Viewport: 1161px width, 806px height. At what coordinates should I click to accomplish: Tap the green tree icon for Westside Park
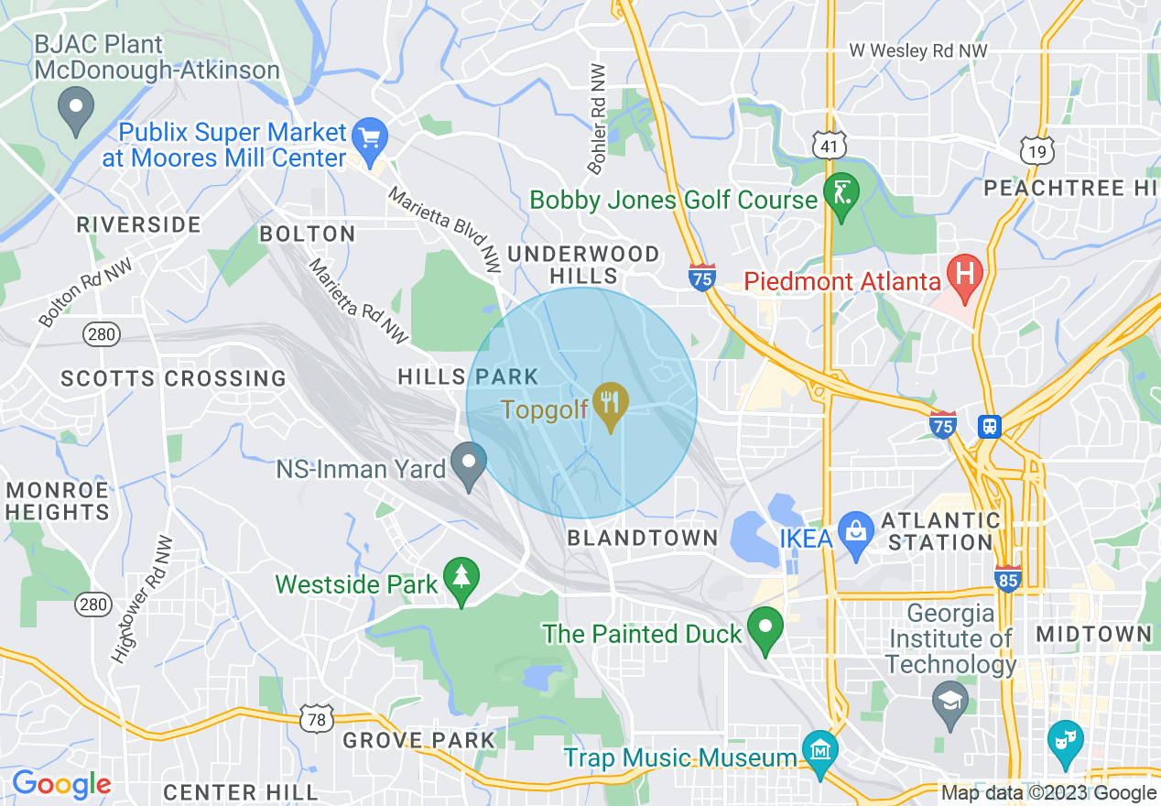[461, 578]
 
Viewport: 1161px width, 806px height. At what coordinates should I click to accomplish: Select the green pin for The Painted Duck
[765, 628]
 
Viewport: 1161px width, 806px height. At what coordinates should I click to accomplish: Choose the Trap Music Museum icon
[819, 750]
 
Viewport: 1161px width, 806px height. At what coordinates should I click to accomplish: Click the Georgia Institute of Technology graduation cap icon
[949, 703]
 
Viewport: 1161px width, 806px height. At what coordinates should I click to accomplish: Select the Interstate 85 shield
[1007, 578]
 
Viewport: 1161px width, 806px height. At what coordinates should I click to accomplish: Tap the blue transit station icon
[990, 426]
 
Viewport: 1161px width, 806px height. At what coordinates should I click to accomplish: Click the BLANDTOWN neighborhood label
[643, 539]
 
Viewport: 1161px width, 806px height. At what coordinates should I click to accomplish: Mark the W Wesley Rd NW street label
[918, 51]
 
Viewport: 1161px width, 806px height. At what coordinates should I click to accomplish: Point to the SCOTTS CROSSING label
[173, 378]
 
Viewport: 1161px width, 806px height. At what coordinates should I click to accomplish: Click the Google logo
[61, 784]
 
